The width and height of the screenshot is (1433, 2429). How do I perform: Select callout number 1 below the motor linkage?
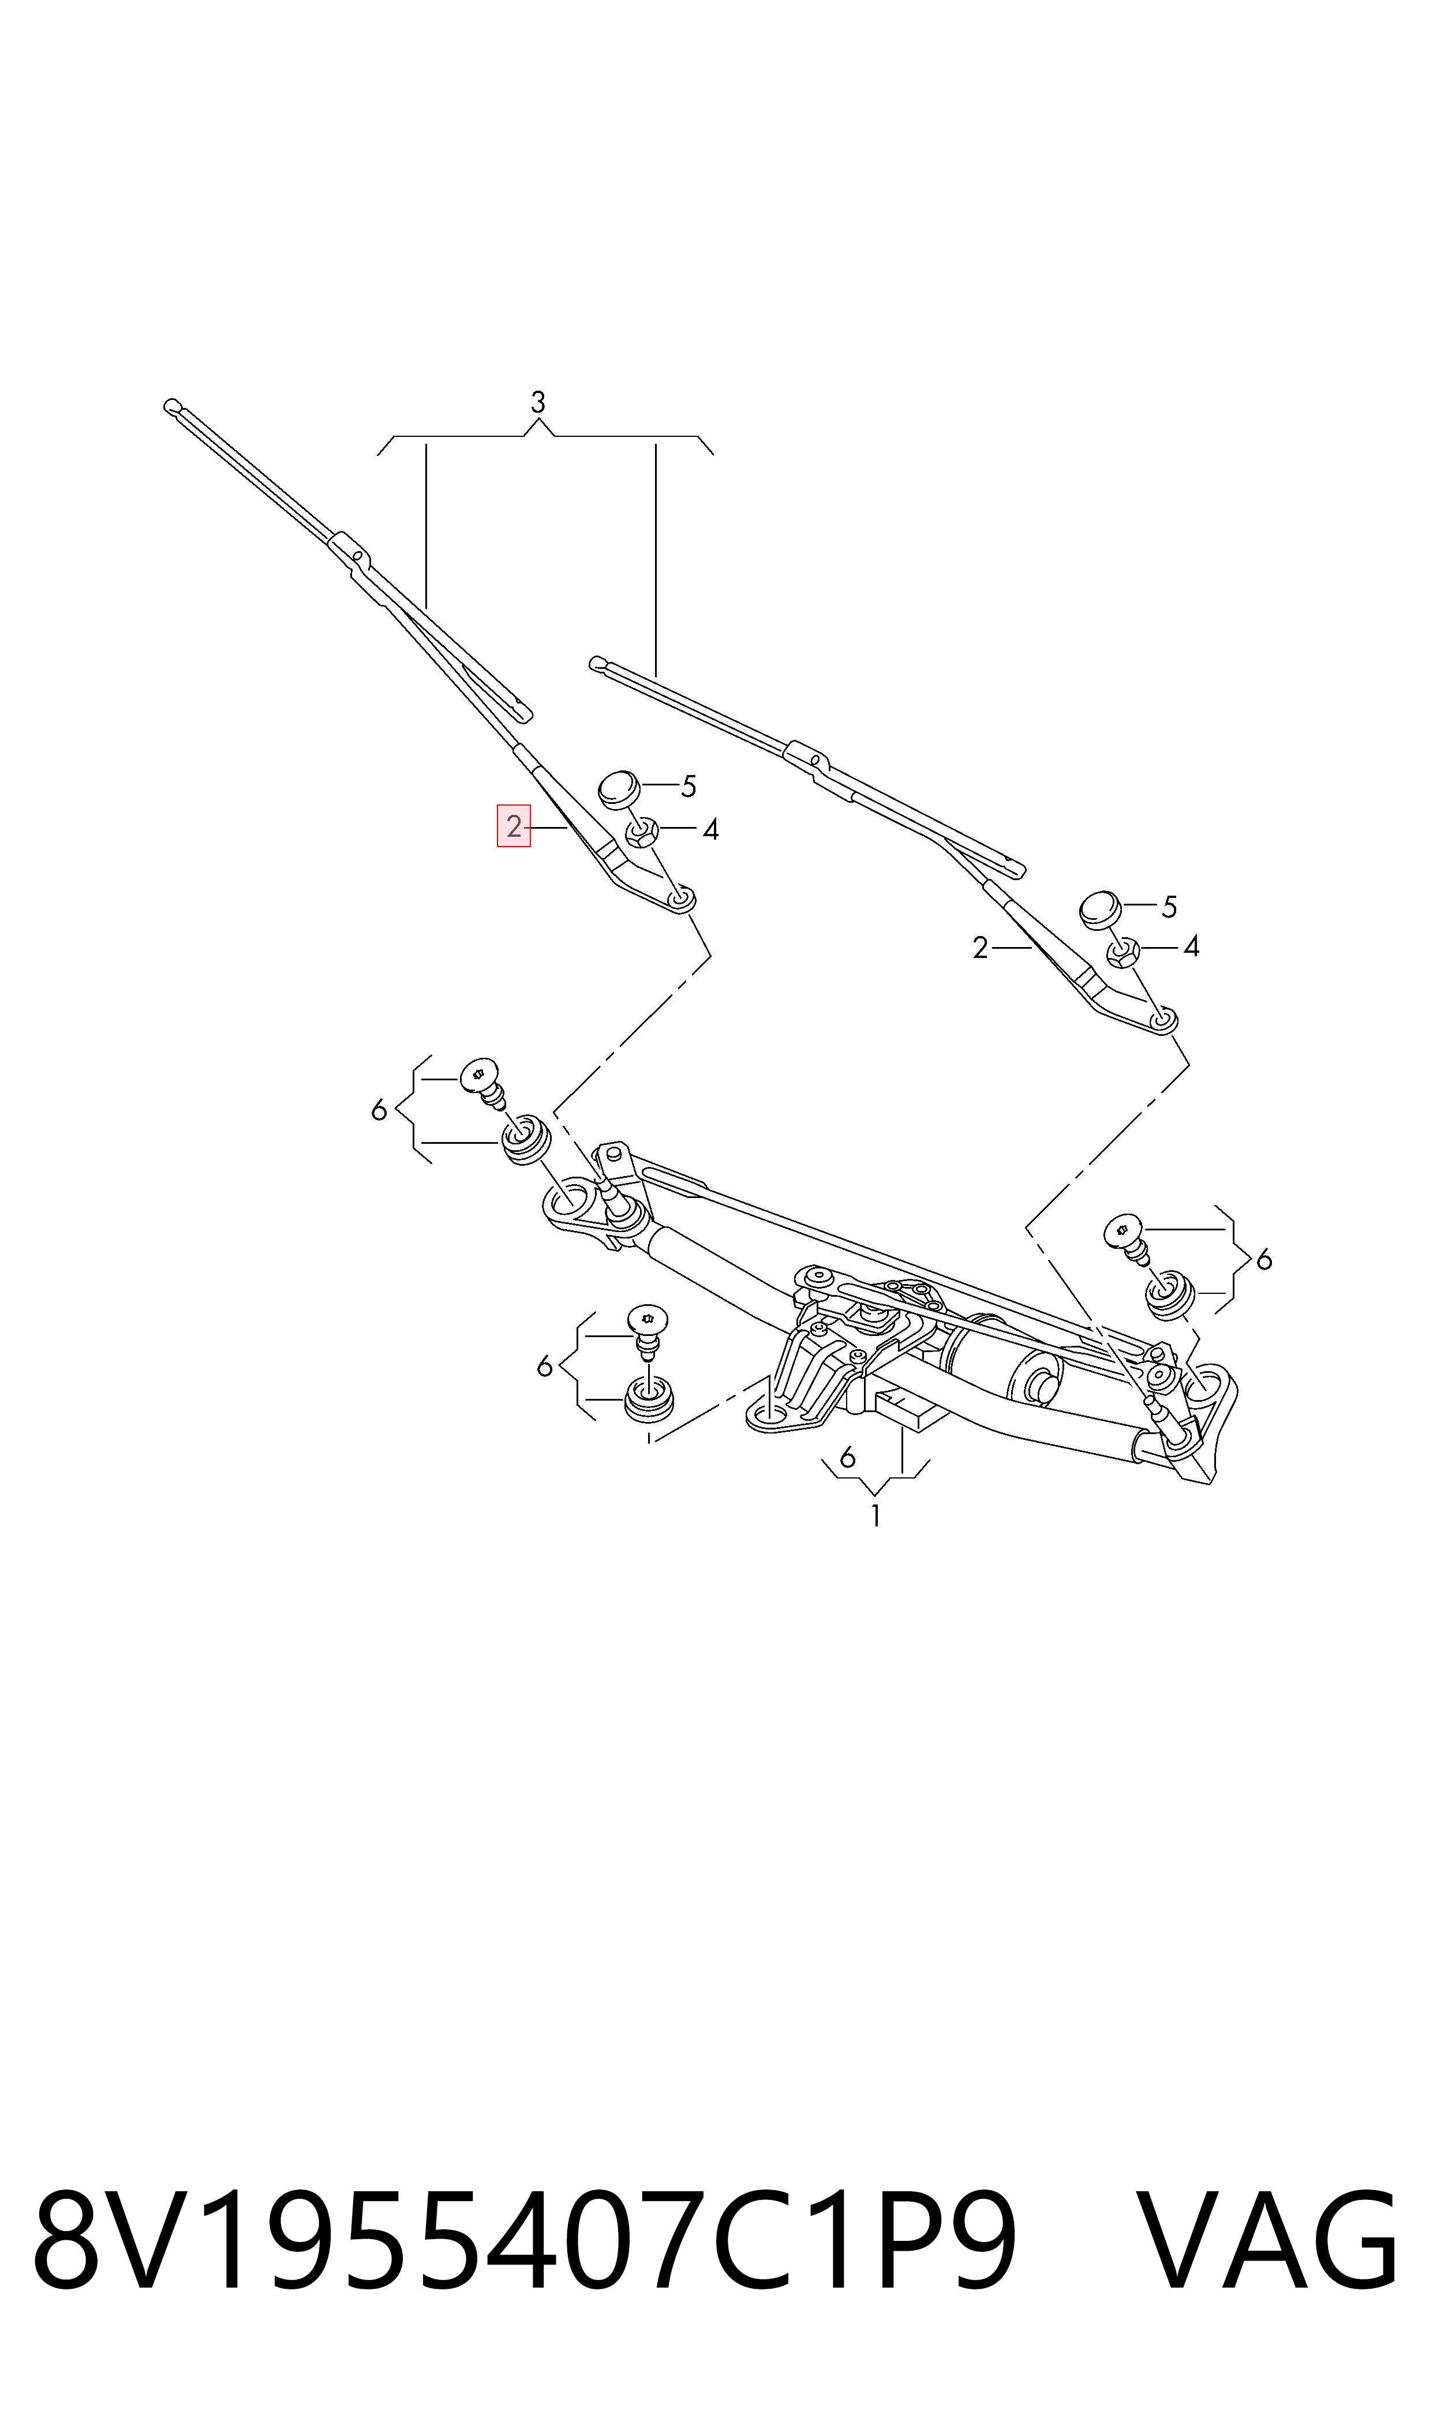click(875, 1515)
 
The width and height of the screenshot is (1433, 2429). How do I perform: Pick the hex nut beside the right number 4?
click(1123, 952)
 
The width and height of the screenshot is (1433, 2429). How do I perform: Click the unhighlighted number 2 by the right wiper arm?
click(980, 949)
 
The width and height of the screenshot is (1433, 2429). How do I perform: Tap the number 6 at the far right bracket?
click(1264, 1259)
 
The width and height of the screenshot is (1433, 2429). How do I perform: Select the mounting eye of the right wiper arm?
click(1163, 1019)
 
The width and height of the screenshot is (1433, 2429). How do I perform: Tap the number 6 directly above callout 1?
click(848, 1456)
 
